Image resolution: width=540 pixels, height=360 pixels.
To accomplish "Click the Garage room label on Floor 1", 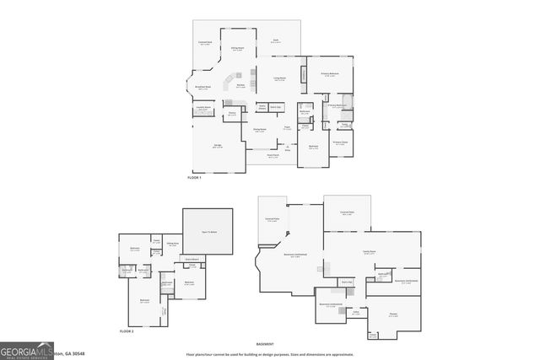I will click(x=218, y=146).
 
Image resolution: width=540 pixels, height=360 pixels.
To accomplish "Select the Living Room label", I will click(x=278, y=79).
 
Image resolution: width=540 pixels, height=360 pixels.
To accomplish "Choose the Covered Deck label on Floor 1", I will click(x=204, y=43).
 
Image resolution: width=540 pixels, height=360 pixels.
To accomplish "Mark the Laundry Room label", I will click(x=203, y=109).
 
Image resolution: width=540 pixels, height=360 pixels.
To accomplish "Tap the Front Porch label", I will click(x=273, y=156).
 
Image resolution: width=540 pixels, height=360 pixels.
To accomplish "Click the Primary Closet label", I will click(x=340, y=143).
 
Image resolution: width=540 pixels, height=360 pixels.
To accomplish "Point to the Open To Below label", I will click(x=208, y=231).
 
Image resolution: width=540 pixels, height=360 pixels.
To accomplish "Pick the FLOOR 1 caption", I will click(x=196, y=178).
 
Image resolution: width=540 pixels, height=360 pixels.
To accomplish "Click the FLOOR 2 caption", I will click(x=127, y=334).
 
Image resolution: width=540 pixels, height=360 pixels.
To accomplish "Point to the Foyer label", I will click(x=288, y=128).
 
